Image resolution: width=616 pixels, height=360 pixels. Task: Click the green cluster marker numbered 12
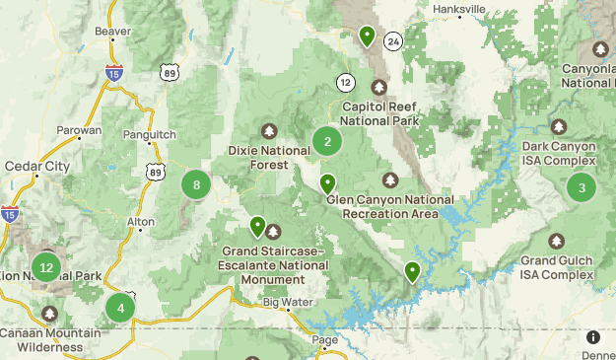click(45, 266)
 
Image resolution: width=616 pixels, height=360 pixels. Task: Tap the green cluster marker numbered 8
click(197, 184)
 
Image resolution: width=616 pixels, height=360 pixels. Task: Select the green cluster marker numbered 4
click(120, 308)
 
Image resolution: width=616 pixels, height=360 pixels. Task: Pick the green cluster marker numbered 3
click(582, 187)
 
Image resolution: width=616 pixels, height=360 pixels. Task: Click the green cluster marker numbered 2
click(327, 141)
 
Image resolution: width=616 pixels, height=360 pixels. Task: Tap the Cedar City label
click(37, 166)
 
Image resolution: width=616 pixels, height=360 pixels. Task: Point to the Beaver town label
click(112, 32)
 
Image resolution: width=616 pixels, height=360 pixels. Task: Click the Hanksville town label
click(459, 9)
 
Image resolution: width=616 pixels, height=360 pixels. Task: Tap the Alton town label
click(141, 223)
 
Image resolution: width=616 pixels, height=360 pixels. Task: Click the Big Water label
click(287, 302)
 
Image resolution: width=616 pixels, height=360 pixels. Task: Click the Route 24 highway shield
click(393, 41)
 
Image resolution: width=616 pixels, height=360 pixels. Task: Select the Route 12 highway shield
click(345, 81)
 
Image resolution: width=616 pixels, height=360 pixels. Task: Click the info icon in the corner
click(593, 337)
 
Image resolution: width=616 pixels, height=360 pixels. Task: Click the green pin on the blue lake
click(412, 271)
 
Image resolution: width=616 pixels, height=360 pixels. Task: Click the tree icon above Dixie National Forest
click(269, 131)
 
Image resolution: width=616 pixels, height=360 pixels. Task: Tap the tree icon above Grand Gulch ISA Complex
click(557, 240)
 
